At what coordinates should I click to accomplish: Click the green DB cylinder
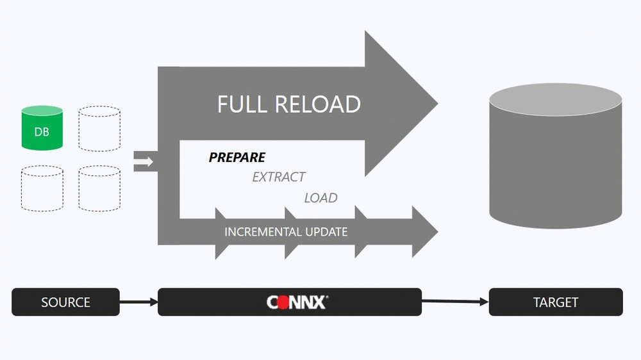click(x=42, y=128)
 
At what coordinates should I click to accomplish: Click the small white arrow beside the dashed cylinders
click(x=143, y=162)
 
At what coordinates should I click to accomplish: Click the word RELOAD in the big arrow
click(x=318, y=104)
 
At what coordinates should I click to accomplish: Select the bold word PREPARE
click(x=237, y=158)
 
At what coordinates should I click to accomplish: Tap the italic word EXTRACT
click(x=279, y=177)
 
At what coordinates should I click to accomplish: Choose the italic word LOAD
click(x=321, y=198)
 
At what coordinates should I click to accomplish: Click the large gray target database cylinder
click(x=556, y=156)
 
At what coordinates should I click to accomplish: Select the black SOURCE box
click(x=65, y=302)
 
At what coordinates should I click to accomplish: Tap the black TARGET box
click(x=556, y=302)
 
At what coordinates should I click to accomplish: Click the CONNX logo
click(x=297, y=302)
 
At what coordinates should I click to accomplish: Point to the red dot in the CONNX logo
click(x=283, y=303)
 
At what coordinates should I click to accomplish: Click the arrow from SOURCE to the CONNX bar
click(x=139, y=302)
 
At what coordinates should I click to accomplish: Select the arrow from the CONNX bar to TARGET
click(x=455, y=302)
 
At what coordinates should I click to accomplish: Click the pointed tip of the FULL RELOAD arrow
click(x=438, y=103)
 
